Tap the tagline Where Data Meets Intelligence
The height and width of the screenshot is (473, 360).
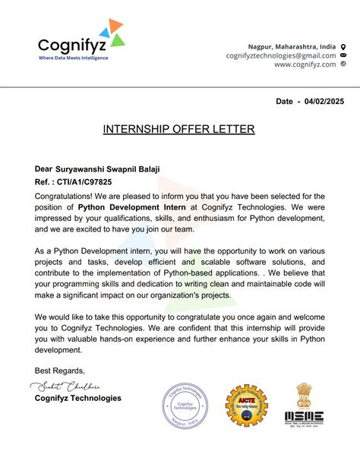pyautogui.click(x=73, y=58)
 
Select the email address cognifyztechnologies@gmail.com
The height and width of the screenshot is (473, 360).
pyautogui.click(x=280, y=55)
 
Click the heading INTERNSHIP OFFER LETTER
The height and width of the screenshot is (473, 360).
pyautogui.click(x=179, y=129)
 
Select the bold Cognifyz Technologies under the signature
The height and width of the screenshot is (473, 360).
pyautogui.click(x=77, y=398)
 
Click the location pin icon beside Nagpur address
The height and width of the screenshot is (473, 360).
pyautogui.click(x=343, y=46)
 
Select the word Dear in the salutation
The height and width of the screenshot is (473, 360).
pyautogui.click(x=43, y=169)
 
